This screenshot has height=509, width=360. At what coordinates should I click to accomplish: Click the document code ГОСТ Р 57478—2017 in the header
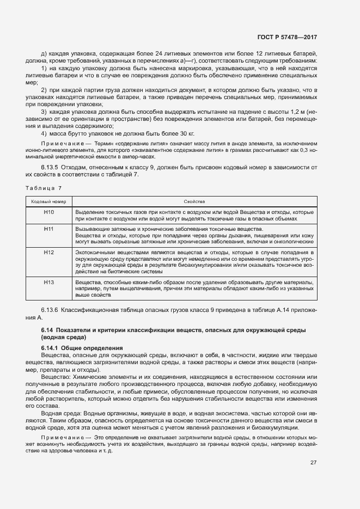(288, 38)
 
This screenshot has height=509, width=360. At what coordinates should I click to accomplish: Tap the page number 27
(314, 463)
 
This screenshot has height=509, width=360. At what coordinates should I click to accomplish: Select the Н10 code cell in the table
(49, 212)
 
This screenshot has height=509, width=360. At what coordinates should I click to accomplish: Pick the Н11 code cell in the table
(49, 229)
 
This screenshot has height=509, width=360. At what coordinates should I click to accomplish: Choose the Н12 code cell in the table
(49, 253)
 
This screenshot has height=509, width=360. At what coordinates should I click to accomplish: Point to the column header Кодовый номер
(49, 201)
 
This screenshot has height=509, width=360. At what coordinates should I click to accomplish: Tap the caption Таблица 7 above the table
(44, 188)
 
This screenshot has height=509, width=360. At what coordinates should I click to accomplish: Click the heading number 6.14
(47, 330)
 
